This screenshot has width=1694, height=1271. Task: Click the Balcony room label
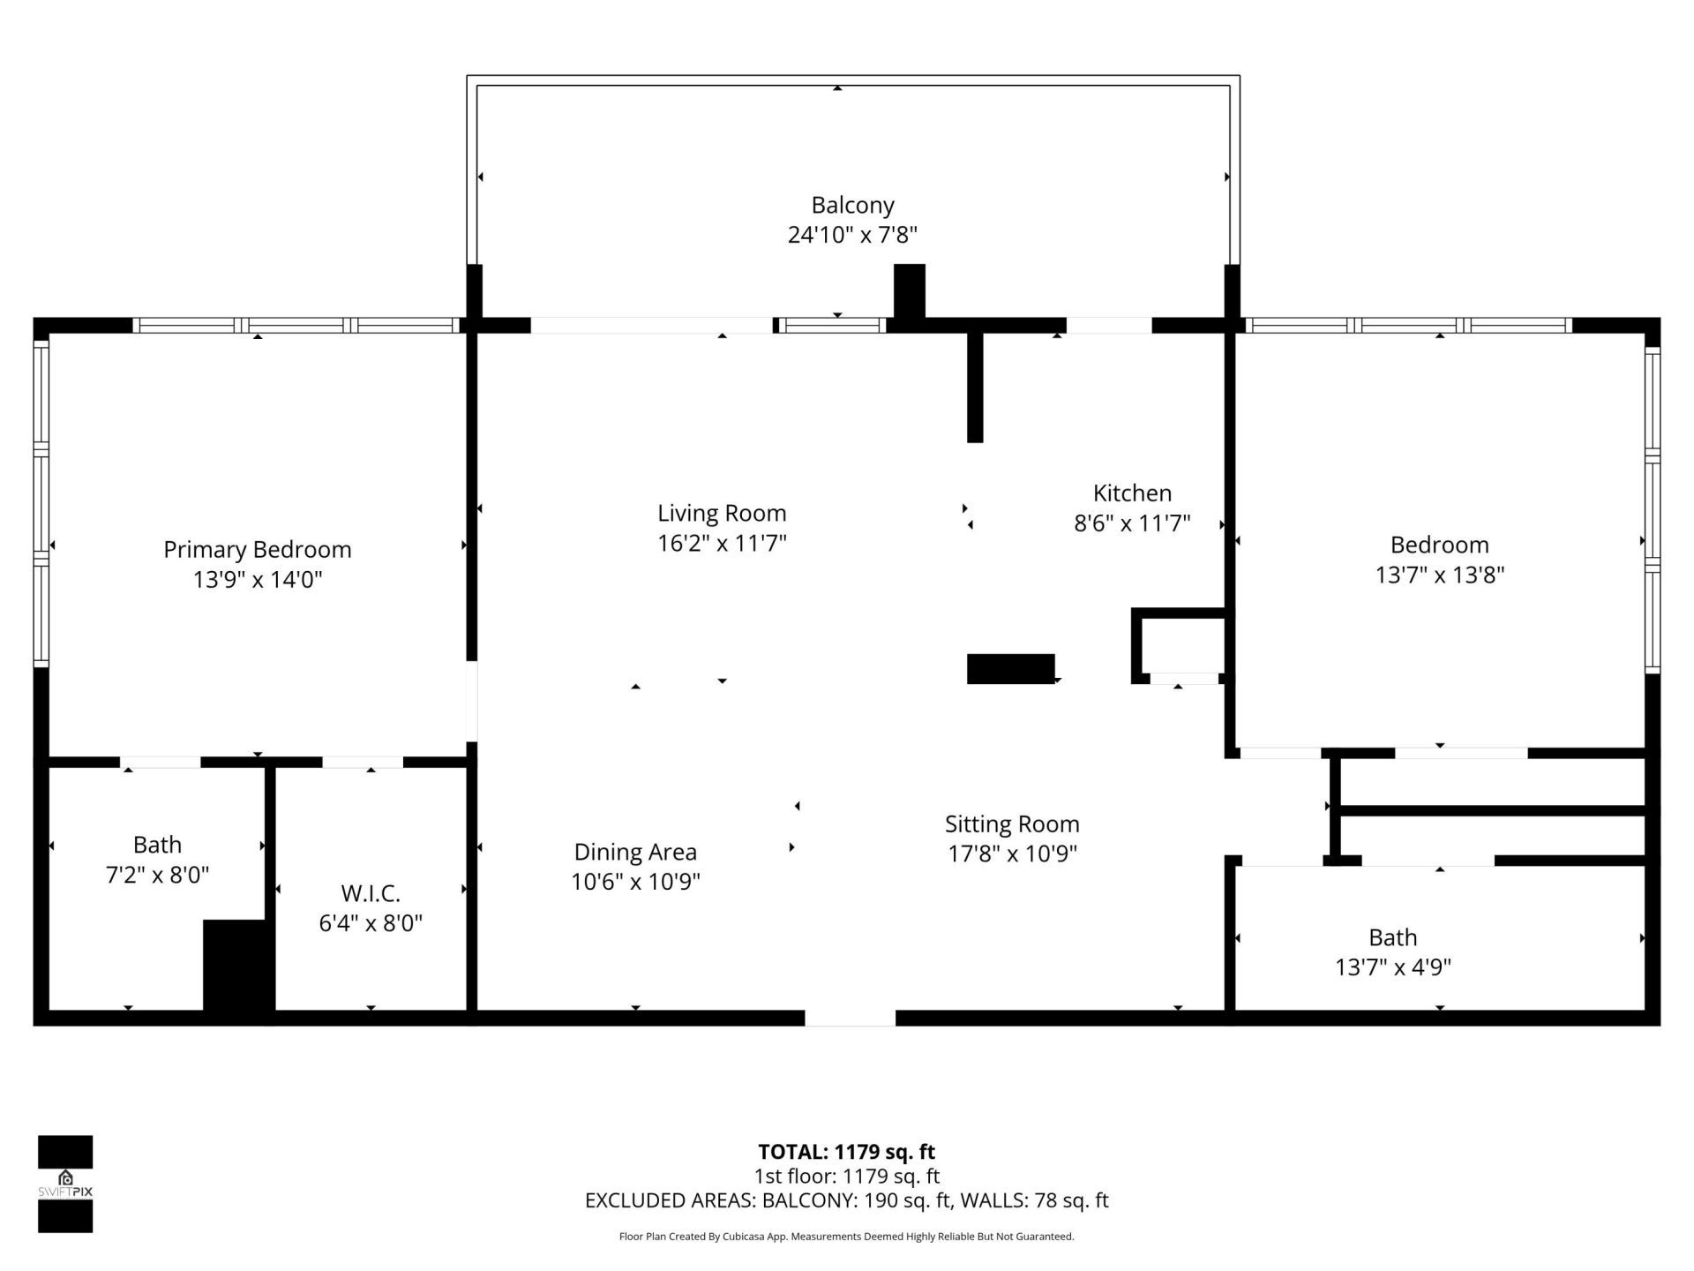[x=852, y=205]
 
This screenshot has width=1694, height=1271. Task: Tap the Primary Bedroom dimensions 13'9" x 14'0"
[x=258, y=580]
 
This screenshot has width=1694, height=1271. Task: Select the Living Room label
[x=721, y=513]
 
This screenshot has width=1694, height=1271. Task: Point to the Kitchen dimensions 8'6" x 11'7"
[x=1132, y=523]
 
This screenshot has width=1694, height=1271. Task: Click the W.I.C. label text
[x=371, y=893]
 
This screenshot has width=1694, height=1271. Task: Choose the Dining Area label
[x=635, y=852]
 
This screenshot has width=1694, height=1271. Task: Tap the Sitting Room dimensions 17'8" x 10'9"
[x=1012, y=854]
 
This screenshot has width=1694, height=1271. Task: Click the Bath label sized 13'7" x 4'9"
[x=1392, y=937]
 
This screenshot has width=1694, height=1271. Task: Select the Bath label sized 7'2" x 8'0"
[x=157, y=845]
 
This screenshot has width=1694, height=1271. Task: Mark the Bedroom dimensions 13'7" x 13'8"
[x=1439, y=575]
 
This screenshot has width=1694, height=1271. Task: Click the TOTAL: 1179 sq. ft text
[x=846, y=1152]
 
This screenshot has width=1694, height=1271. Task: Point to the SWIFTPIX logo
[x=65, y=1184]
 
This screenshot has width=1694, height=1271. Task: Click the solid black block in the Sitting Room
[x=1010, y=669]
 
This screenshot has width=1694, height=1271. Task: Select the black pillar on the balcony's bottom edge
[x=909, y=291]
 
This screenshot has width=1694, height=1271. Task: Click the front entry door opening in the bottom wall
[x=850, y=1018]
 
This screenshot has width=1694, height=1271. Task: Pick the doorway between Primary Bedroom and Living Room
[x=472, y=702]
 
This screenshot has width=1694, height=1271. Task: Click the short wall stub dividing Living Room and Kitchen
[x=975, y=387]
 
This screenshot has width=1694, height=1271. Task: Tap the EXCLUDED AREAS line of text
[x=846, y=1200]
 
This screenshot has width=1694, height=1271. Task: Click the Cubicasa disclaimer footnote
[x=846, y=1237]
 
